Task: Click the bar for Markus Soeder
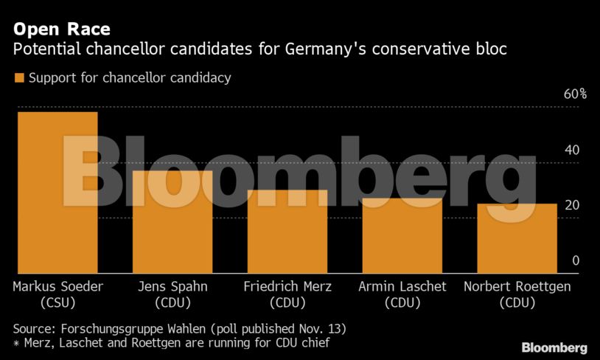tap(57, 192)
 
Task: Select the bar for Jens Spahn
tap(172, 221)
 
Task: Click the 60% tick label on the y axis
tap(575, 94)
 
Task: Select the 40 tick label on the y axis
tap(572, 150)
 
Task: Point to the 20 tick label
tap(572, 205)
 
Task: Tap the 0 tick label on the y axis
tap(576, 260)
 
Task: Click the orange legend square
tap(19, 77)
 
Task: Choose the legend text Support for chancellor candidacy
tap(130, 77)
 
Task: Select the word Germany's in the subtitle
tap(334, 50)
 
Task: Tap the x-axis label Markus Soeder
tap(57, 286)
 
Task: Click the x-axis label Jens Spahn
tap(172, 286)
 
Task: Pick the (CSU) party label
tap(57, 302)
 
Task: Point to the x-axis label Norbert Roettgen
tap(517, 286)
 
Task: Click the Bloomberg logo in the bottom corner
tap(554, 347)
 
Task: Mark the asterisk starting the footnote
tap(17, 342)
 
